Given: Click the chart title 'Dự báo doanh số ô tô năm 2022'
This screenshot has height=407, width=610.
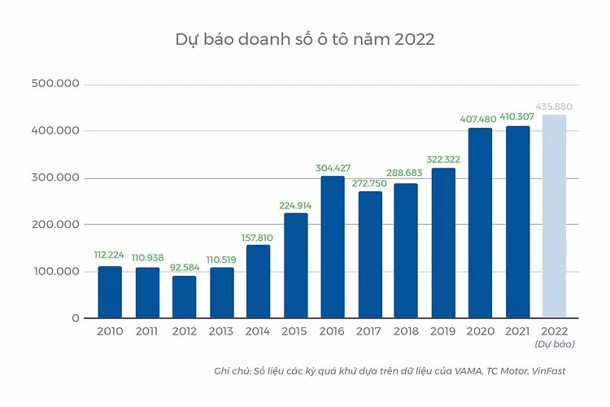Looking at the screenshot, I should [x=305, y=39].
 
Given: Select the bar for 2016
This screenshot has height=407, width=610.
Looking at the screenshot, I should [x=332, y=247].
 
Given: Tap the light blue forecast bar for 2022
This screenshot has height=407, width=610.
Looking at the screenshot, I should [x=554, y=216].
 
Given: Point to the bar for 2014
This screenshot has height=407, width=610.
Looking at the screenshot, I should [x=258, y=281].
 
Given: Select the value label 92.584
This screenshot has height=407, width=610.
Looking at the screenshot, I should [x=184, y=268].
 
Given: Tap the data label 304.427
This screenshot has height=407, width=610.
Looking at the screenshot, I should [x=332, y=168].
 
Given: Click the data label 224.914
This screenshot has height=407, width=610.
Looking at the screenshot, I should [x=295, y=205].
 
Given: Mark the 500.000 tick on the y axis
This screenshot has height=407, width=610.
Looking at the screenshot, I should [x=54, y=84].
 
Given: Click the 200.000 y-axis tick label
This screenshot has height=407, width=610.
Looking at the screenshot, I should [x=54, y=225].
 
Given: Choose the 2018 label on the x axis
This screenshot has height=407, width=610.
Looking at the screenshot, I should [x=406, y=332].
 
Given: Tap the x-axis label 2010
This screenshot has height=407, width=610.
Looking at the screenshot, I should [x=110, y=332].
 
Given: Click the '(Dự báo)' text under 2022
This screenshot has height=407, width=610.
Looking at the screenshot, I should [x=554, y=344].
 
